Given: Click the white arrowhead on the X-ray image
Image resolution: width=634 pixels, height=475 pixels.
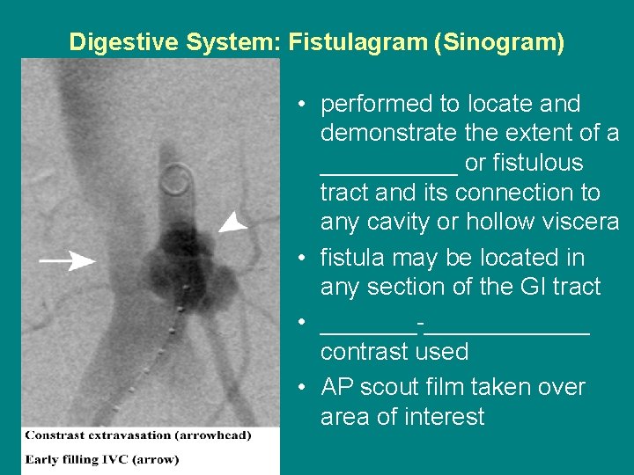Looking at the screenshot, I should point(232,222).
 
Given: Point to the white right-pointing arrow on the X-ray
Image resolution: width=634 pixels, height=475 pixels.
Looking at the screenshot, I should point(69,260).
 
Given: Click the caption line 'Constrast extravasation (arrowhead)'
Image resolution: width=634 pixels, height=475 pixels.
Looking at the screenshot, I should point(138,435).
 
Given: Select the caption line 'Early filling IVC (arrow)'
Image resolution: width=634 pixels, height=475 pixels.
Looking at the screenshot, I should point(101,459).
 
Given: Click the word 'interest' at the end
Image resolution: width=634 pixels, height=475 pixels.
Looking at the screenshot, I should point(446,417).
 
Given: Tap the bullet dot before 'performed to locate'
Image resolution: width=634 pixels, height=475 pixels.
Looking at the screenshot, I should point(301,105).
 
